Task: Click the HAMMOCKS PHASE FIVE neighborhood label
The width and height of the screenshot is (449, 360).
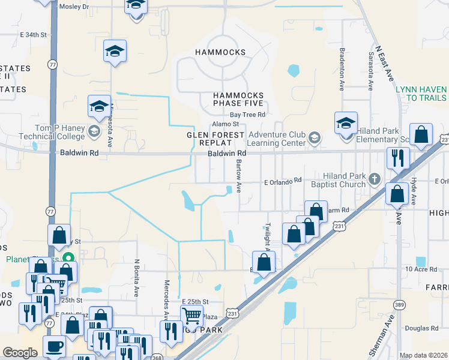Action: [239, 100]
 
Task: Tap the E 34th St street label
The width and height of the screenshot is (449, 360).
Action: [33, 35]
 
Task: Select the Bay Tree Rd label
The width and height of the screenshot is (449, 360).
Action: [248, 115]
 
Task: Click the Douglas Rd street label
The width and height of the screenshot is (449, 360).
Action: [421, 328]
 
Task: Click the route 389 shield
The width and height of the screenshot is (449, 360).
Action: [399, 305]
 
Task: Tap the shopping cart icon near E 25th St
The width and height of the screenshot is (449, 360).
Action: [191, 315]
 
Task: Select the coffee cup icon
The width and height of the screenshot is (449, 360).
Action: [55, 347]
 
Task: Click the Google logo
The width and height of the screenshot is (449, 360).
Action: [20, 353]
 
